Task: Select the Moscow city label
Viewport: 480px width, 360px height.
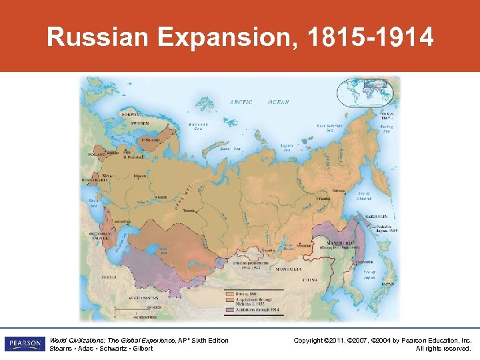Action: click(x=139, y=176)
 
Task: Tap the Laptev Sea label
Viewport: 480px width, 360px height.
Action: click(x=288, y=147)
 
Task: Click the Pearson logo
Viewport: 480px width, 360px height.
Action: click(x=24, y=344)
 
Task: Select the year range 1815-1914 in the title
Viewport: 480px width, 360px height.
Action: click(x=371, y=37)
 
